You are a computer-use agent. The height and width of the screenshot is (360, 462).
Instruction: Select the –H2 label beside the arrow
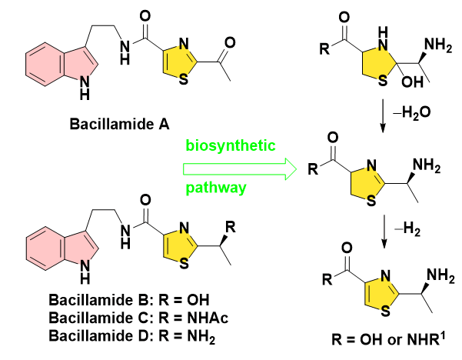[x=407, y=229]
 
